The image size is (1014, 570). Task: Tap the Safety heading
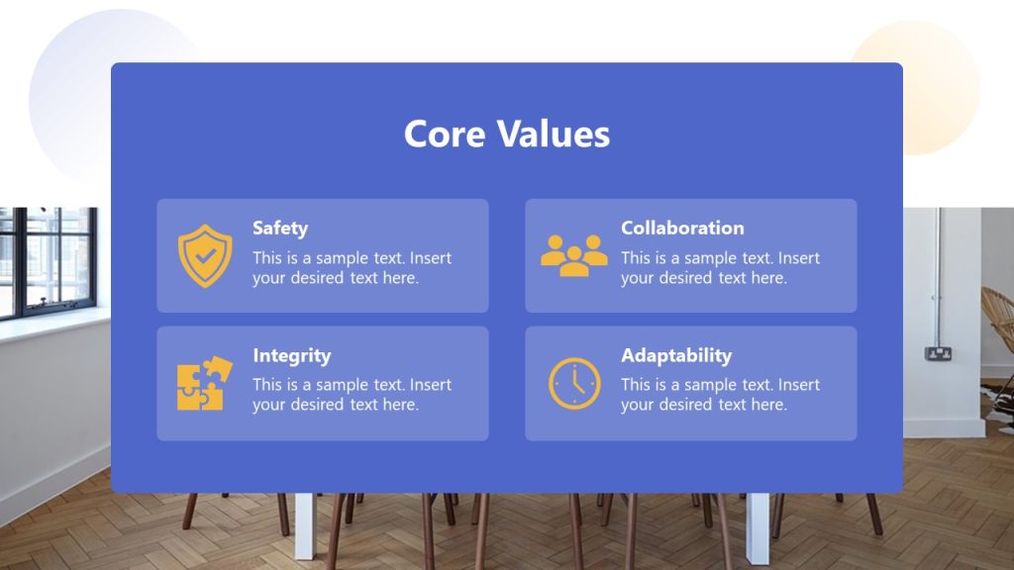[x=280, y=228]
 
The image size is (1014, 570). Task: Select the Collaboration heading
[x=682, y=228]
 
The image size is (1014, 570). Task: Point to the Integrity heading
[x=291, y=355]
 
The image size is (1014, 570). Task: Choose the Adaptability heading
[x=676, y=355]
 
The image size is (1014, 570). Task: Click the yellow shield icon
[x=205, y=255]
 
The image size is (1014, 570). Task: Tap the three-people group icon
[x=574, y=255]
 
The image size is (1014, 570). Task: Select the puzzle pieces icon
[x=204, y=384]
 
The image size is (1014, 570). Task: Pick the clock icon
[x=574, y=384]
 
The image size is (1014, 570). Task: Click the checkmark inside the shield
[x=205, y=254]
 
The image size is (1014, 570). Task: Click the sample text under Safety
[x=352, y=268]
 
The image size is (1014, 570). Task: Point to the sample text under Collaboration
[x=720, y=268]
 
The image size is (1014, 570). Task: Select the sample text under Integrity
[x=352, y=395]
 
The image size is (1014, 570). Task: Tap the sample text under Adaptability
[x=720, y=395]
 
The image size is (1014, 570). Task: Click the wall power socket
[x=938, y=353]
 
